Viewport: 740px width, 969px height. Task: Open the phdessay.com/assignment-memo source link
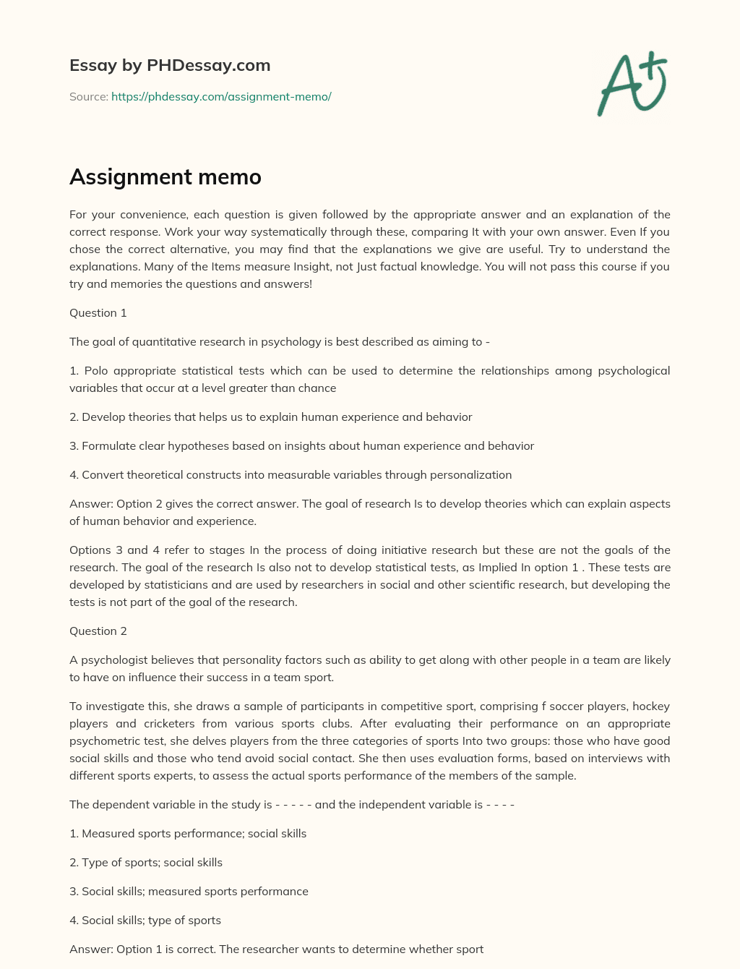pyautogui.click(x=221, y=96)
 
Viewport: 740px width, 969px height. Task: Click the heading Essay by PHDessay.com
pyautogui.click(x=170, y=65)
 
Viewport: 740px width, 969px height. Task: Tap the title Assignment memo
pyautogui.click(x=165, y=176)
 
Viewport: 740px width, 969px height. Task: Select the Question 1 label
pyautogui.click(x=98, y=312)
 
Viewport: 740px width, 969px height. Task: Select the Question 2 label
pyautogui.click(x=98, y=631)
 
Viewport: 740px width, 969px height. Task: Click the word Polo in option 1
pyautogui.click(x=96, y=370)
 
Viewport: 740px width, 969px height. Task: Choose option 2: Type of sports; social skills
pyautogui.click(x=146, y=862)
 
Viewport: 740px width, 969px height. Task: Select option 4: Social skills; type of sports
pyautogui.click(x=145, y=920)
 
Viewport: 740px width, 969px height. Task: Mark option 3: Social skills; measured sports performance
pyautogui.click(x=189, y=891)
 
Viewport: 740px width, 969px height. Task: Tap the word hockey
pyautogui.click(x=651, y=706)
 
